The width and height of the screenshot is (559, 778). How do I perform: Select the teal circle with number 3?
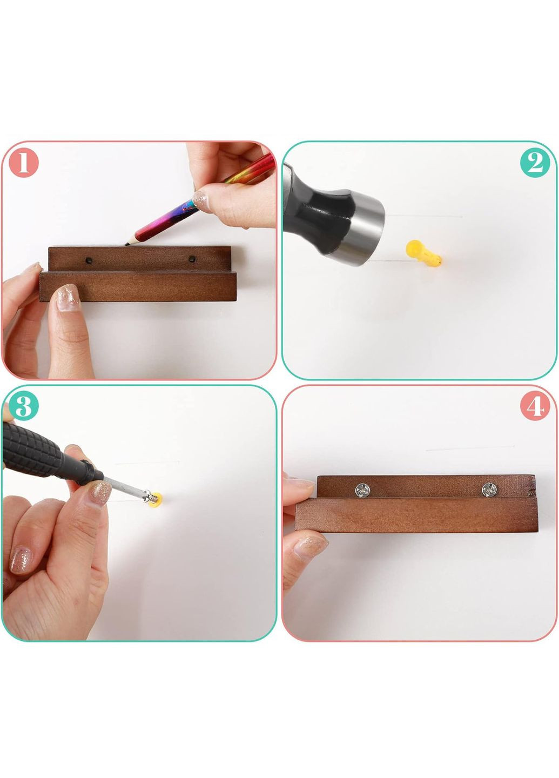click(x=23, y=406)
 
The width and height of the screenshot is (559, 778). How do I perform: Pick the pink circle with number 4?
click(x=535, y=406)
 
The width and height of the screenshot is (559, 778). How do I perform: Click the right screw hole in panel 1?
click(x=192, y=259)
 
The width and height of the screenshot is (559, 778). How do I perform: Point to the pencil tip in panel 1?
click(x=127, y=244)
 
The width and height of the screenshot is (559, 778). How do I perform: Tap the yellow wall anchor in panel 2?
click(x=423, y=252)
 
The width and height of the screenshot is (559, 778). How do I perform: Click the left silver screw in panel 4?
click(x=362, y=490)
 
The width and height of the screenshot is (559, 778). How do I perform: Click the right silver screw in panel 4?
click(x=489, y=489)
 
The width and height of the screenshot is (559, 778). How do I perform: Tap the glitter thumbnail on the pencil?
click(x=201, y=201)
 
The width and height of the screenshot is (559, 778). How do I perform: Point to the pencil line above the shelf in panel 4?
click(x=470, y=448)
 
